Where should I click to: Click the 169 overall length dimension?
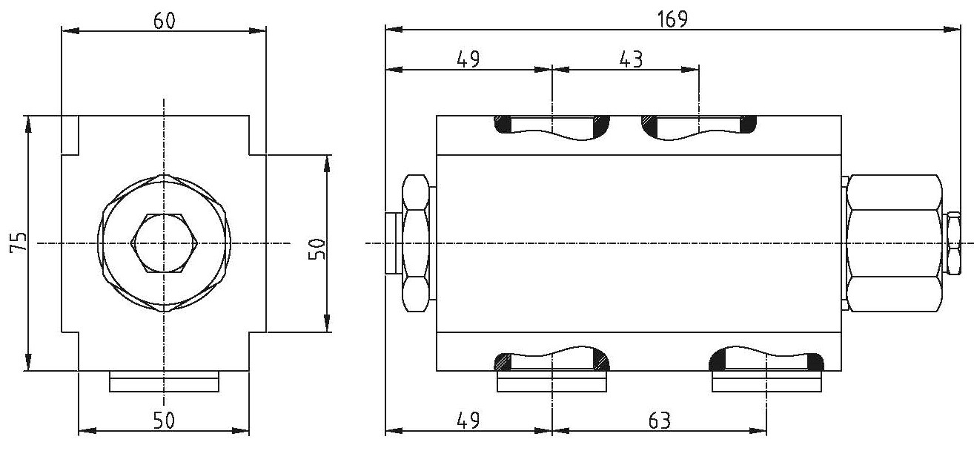coord(672,19)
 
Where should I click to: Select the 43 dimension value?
coord(631,59)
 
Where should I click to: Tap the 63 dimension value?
coord(660,421)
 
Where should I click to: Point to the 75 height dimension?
coord(19,243)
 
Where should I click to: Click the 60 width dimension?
coord(165,21)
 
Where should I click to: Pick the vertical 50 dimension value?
coord(317,248)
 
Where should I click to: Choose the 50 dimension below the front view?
coord(165,420)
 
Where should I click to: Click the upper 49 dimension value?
coord(468,59)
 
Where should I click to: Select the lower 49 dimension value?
coord(468,421)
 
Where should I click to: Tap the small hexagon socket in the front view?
coord(165,243)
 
